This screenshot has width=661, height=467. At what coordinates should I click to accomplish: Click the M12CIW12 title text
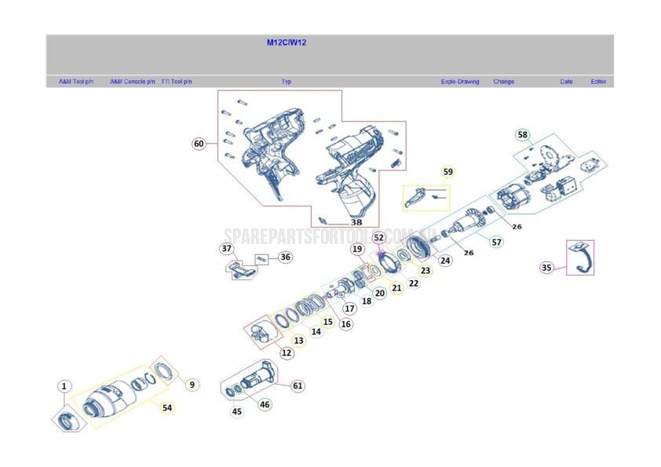click(286, 43)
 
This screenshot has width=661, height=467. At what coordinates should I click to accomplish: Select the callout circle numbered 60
click(199, 144)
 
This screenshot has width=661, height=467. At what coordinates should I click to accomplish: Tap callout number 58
click(522, 135)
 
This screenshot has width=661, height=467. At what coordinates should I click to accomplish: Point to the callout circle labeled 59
click(447, 172)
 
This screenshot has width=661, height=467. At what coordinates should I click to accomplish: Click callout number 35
click(546, 268)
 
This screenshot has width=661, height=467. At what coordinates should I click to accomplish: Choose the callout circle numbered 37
click(226, 249)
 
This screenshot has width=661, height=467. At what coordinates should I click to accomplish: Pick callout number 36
click(285, 257)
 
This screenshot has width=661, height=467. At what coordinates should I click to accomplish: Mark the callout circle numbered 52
click(378, 237)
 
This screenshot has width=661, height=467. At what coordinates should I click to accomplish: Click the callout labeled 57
click(496, 242)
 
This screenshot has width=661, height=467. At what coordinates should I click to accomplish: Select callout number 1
click(64, 386)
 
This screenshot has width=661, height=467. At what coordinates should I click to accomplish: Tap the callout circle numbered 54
click(166, 407)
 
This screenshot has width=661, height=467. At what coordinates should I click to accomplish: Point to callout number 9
click(192, 385)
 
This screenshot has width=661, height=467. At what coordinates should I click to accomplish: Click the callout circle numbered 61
click(298, 385)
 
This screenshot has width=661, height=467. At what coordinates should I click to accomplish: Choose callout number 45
click(237, 412)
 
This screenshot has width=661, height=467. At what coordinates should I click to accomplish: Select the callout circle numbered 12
click(287, 353)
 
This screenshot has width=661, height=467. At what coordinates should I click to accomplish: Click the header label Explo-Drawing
click(459, 82)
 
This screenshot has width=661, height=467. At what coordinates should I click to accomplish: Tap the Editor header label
click(598, 82)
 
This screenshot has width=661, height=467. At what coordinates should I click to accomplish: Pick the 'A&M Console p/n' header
click(132, 82)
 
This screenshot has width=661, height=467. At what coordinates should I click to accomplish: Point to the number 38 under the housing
click(356, 222)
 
